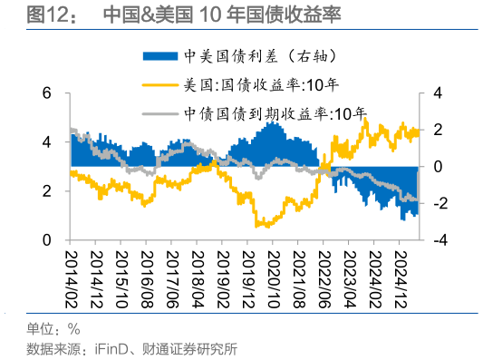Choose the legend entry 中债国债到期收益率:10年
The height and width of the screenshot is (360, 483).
click(281, 114)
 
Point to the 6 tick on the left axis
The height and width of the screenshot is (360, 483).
click(47, 93)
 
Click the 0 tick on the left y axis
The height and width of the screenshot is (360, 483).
click(47, 240)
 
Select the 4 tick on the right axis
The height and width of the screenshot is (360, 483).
click(437, 93)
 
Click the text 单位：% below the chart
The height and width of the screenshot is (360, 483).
click(53, 329)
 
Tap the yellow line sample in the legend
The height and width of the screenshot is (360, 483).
click(162, 87)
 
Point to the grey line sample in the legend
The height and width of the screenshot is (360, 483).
click(162, 114)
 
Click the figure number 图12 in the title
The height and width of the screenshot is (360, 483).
click(47, 15)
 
